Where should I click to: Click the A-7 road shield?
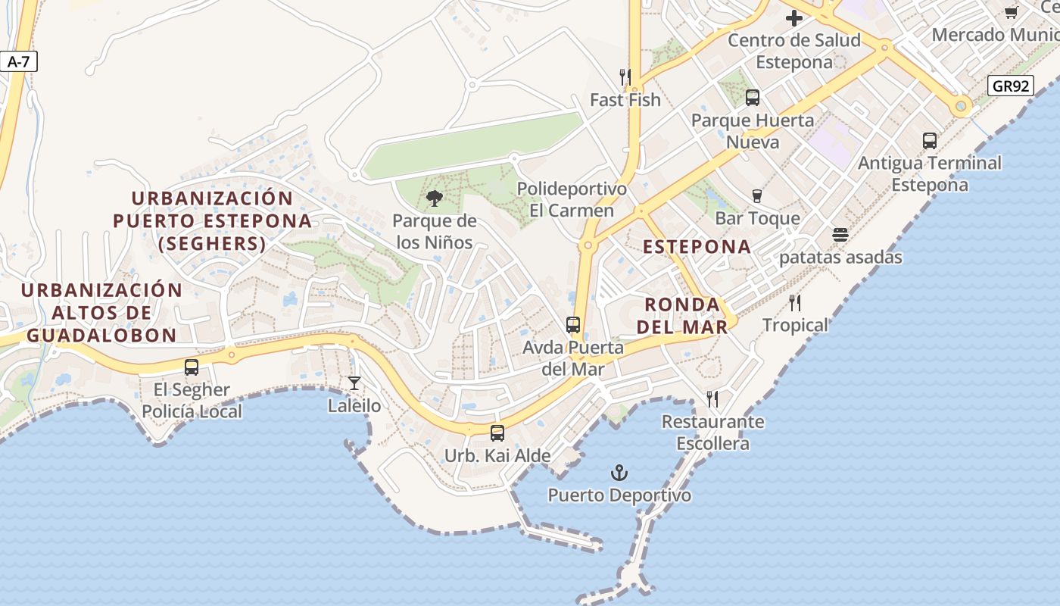(x=18, y=62)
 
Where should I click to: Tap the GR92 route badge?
(x=1011, y=86)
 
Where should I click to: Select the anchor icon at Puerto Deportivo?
(x=619, y=473)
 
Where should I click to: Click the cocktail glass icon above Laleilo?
(x=354, y=383)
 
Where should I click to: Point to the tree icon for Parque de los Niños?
(x=434, y=198)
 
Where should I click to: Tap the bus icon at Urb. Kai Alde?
(x=497, y=433)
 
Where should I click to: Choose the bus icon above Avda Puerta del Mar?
(x=573, y=325)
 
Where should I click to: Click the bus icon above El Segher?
(x=192, y=367)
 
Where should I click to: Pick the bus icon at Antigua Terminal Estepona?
(x=929, y=141)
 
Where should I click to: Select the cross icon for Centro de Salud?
(x=793, y=18)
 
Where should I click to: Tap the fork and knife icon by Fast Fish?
(x=625, y=77)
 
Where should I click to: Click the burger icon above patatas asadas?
(x=840, y=235)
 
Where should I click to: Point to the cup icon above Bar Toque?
(x=756, y=196)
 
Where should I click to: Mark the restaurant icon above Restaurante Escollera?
(x=712, y=399)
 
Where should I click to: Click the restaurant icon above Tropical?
(x=795, y=303)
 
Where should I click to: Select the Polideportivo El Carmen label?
(x=572, y=199)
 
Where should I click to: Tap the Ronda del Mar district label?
(x=681, y=315)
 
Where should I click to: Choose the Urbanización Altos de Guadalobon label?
(x=101, y=312)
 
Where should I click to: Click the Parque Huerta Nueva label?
(x=752, y=131)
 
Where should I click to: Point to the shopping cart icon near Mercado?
(x=1011, y=12)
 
